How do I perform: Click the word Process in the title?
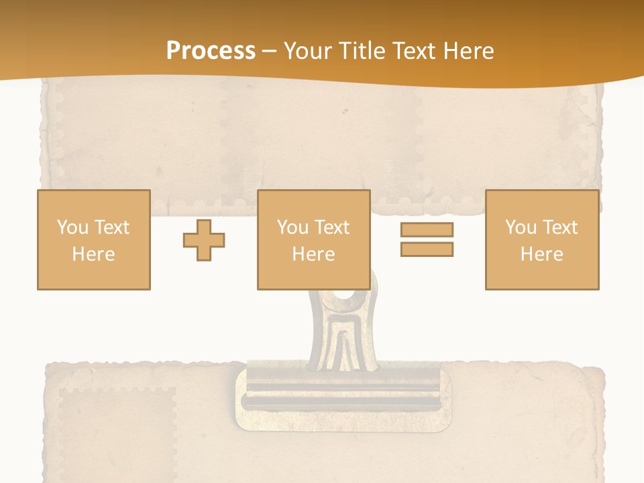coord(211,51)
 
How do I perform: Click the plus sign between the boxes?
coord(204,240)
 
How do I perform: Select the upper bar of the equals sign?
coord(427,229)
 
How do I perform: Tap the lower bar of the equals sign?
coord(427,250)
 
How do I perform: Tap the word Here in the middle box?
coord(314,254)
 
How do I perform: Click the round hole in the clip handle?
coord(344,294)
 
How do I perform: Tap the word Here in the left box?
coord(94,254)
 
